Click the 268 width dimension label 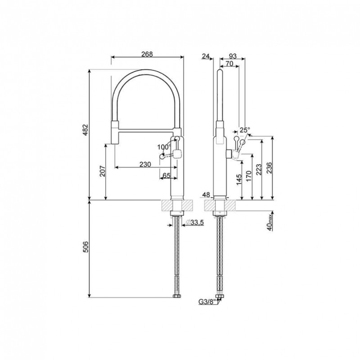coord(147,54)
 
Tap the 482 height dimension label coord(85,130)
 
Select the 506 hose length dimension coord(85,247)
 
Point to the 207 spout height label coord(103,171)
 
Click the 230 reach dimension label coord(145,164)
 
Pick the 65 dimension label coord(166,175)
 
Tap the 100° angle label coord(164,147)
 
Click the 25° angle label coord(245,130)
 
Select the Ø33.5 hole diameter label coord(195,222)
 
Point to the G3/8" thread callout coord(208,302)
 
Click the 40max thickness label coord(270,222)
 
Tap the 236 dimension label coord(269,168)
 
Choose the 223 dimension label coord(259,170)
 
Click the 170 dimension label coord(249,176)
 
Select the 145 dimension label coord(239,180)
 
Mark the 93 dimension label coord(233,56)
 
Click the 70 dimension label coord(229,63)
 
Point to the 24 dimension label coord(206,56)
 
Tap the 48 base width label coord(207,195)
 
